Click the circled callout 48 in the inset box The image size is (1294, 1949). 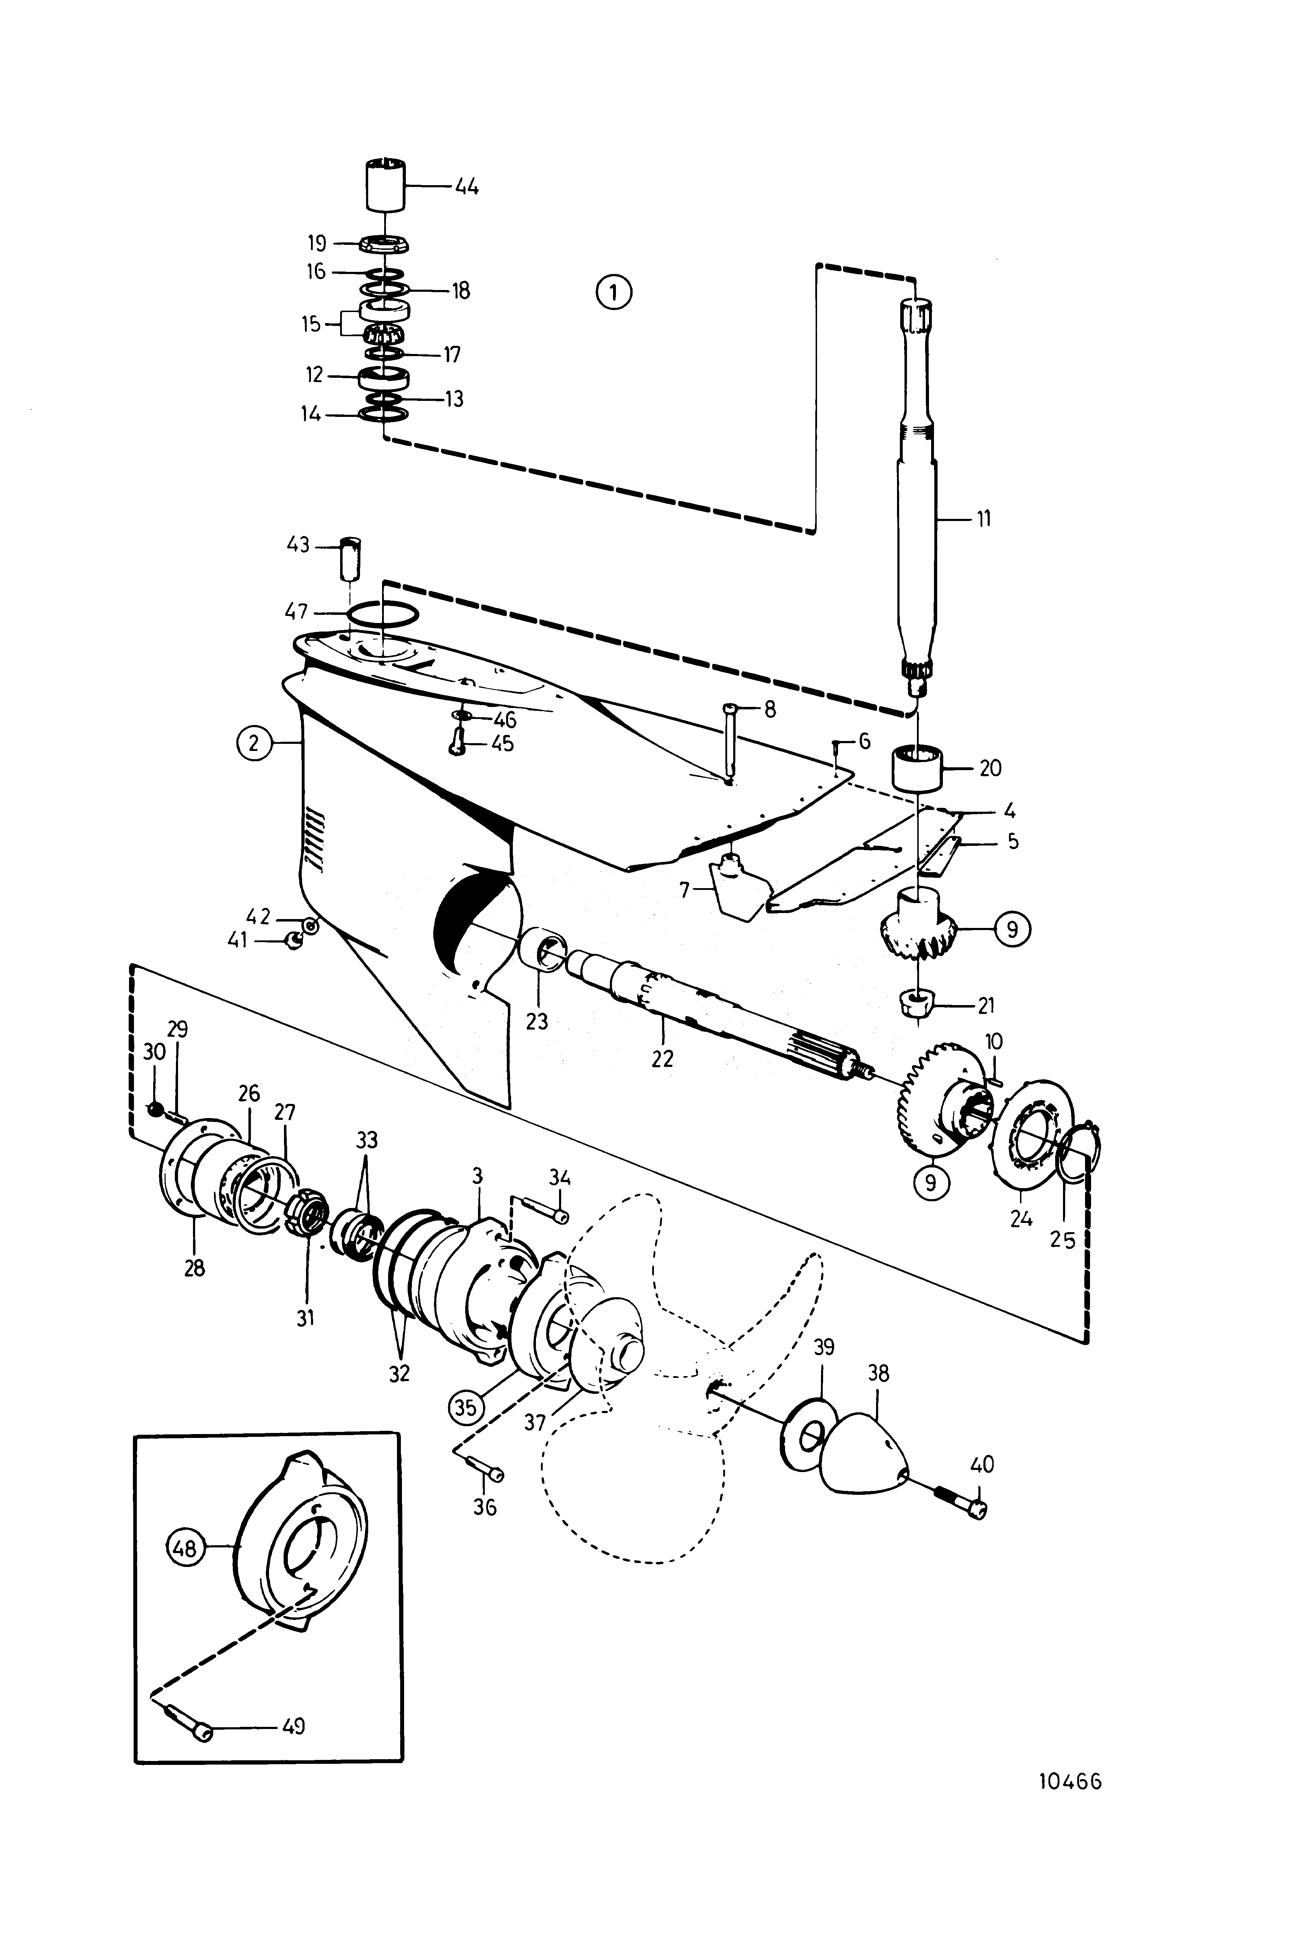point(186,1548)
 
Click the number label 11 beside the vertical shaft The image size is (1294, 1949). point(982,519)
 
